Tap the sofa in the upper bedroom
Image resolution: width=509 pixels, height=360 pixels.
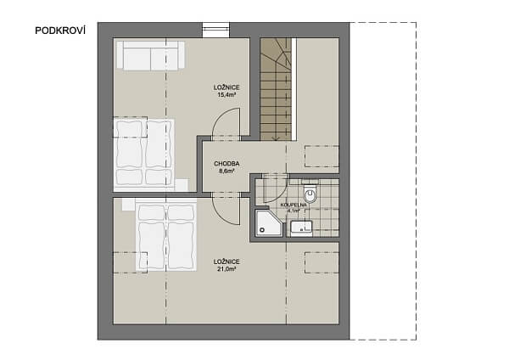point(150,55)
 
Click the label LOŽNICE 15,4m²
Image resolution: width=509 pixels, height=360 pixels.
point(226,91)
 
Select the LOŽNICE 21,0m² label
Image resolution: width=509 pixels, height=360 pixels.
point(227,265)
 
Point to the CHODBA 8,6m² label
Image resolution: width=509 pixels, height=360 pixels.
point(227,166)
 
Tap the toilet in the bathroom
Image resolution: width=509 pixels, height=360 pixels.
point(310,194)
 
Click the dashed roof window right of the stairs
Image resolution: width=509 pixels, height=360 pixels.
point(322,155)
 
